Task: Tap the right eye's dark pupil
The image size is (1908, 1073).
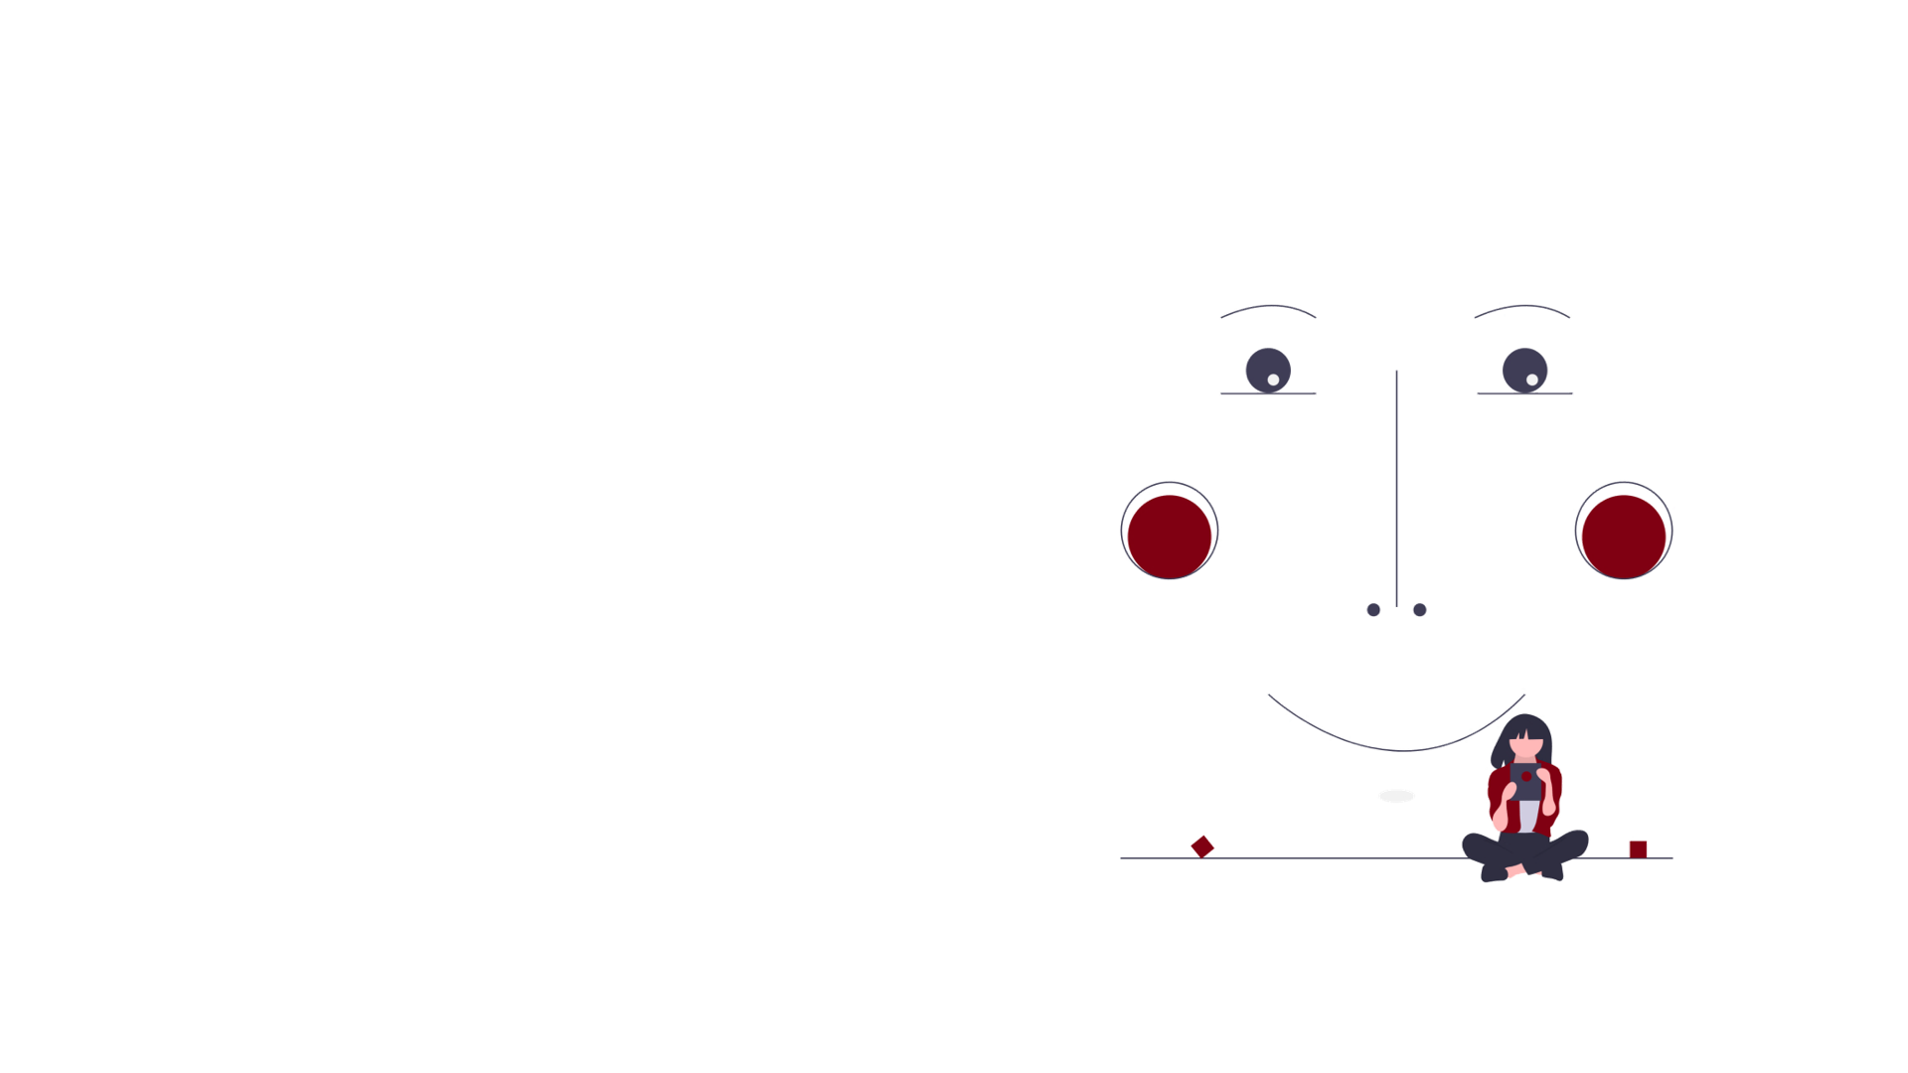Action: [x=1523, y=367]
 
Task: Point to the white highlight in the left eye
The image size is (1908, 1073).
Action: [x=1273, y=380]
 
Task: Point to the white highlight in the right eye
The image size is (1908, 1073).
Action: [x=1532, y=380]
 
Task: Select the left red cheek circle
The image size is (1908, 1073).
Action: [x=1170, y=536]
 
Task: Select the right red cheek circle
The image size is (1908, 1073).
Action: [x=1624, y=536]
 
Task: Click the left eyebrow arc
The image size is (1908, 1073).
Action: [x=1268, y=306]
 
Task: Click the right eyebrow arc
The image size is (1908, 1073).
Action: [x=1521, y=306]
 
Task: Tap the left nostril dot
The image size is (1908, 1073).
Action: [x=1373, y=610]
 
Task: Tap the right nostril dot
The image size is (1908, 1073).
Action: [x=1419, y=610]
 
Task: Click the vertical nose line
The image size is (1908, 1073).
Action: [x=1396, y=487]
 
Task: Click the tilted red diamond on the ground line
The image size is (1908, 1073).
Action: [x=1202, y=846]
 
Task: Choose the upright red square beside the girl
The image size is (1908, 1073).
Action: [x=1638, y=848]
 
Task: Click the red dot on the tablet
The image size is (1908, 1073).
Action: [x=1526, y=777]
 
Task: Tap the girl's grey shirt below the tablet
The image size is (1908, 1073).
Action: [x=1527, y=817]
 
